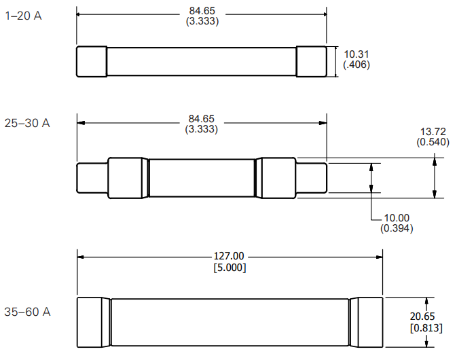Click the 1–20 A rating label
23,16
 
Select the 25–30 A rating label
27,124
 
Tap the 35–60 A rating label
27,312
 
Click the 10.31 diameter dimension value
357,54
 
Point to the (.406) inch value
357,65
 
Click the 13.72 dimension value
433,132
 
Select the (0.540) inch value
433,142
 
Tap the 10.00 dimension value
397,218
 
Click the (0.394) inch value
397,228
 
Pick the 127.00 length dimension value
229,256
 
